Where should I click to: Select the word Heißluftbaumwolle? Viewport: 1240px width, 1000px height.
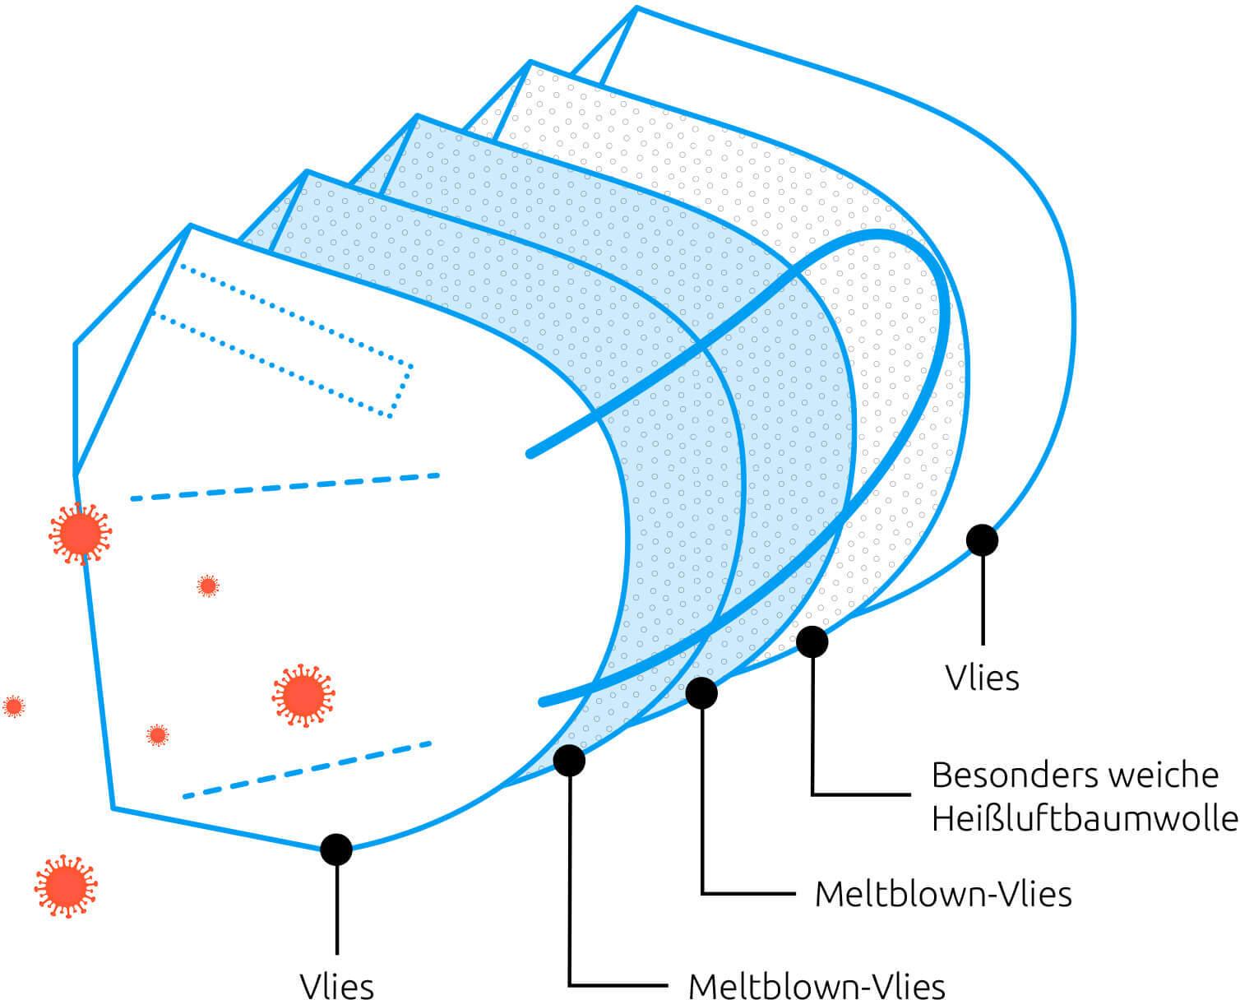(x=1085, y=819)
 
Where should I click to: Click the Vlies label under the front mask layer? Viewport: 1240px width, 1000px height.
(x=336, y=985)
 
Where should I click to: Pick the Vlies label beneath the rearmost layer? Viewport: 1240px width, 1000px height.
(x=982, y=678)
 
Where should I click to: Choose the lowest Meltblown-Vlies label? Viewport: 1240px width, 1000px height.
(x=817, y=985)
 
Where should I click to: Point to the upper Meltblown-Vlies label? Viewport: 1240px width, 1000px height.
(x=943, y=894)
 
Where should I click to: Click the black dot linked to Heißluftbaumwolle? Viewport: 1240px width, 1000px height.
(x=812, y=641)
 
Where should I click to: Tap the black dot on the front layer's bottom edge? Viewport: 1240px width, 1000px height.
(x=336, y=849)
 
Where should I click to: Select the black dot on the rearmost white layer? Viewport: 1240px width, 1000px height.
(x=982, y=540)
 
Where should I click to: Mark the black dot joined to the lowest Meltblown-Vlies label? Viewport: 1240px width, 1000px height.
(x=569, y=761)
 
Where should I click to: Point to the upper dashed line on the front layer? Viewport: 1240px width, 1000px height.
(x=285, y=488)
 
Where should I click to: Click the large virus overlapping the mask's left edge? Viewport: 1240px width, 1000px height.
(x=80, y=534)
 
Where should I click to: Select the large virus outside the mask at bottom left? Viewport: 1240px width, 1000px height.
(x=66, y=886)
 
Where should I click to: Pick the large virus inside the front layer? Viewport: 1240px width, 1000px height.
(x=303, y=696)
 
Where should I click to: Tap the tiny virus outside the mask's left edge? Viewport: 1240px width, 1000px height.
(x=13, y=706)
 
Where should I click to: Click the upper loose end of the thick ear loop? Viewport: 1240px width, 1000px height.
(x=530, y=455)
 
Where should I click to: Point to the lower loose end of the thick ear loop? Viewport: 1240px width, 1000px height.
(x=543, y=702)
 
